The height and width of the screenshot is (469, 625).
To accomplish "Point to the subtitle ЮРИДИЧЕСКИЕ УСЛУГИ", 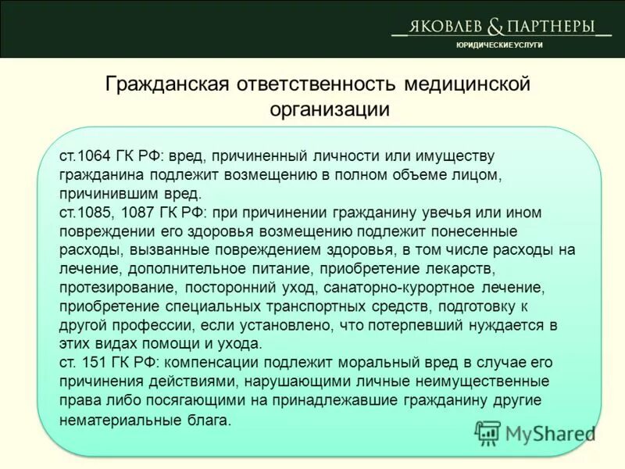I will tap(499, 45).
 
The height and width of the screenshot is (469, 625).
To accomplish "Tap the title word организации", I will tap(329, 109).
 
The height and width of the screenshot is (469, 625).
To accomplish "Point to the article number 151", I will tap(95, 363).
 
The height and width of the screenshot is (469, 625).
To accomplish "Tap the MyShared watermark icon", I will tap(488, 432).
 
